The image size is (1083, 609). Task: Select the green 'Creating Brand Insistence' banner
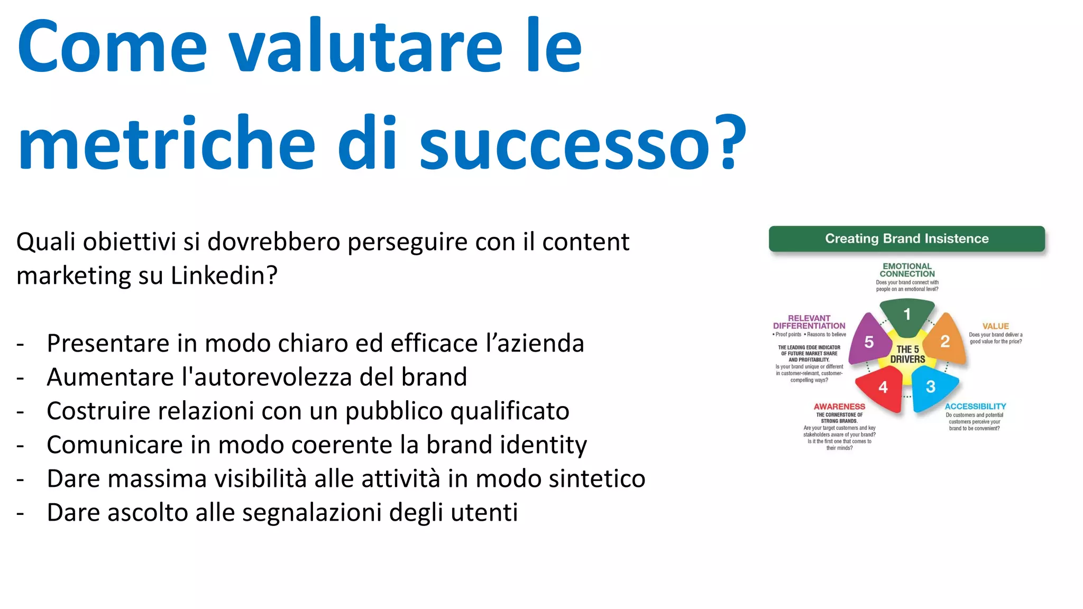click(906, 238)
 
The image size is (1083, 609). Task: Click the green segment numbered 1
click(907, 316)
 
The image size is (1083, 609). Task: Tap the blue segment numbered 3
click(932, 387)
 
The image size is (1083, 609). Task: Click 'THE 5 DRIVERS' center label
click(907, 354)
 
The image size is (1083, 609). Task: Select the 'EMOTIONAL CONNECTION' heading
click(907, 270)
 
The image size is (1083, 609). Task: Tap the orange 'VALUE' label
click(995, 326)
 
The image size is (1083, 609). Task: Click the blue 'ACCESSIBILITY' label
click(975, 406)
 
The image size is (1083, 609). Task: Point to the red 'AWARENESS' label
click(839, 407)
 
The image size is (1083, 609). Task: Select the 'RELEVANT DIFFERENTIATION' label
click(809, 322)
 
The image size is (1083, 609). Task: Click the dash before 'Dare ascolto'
click(21, 513)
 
